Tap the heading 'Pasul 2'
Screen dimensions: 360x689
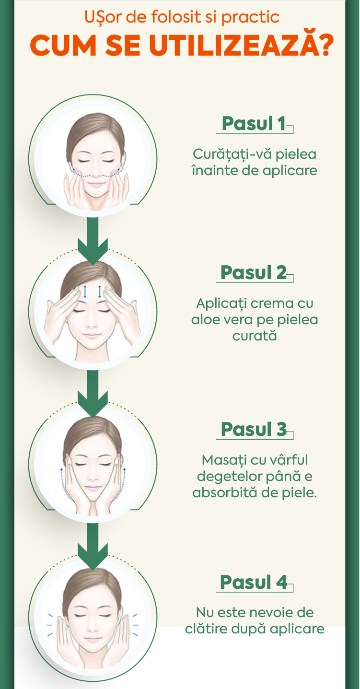point(254,272)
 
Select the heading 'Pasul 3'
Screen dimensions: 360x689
point(254,429)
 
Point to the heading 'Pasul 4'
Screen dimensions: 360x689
point(254,582)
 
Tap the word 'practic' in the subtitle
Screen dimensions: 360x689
point(250,18)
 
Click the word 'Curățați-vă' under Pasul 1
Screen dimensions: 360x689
point(232,154)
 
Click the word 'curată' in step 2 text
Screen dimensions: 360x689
point(255,336)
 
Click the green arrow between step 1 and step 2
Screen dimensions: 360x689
point(93,241)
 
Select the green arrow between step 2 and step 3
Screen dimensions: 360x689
point(93,394)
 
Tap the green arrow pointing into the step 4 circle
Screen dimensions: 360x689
point(93,546)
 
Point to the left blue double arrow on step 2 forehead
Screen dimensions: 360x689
point(85,292)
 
